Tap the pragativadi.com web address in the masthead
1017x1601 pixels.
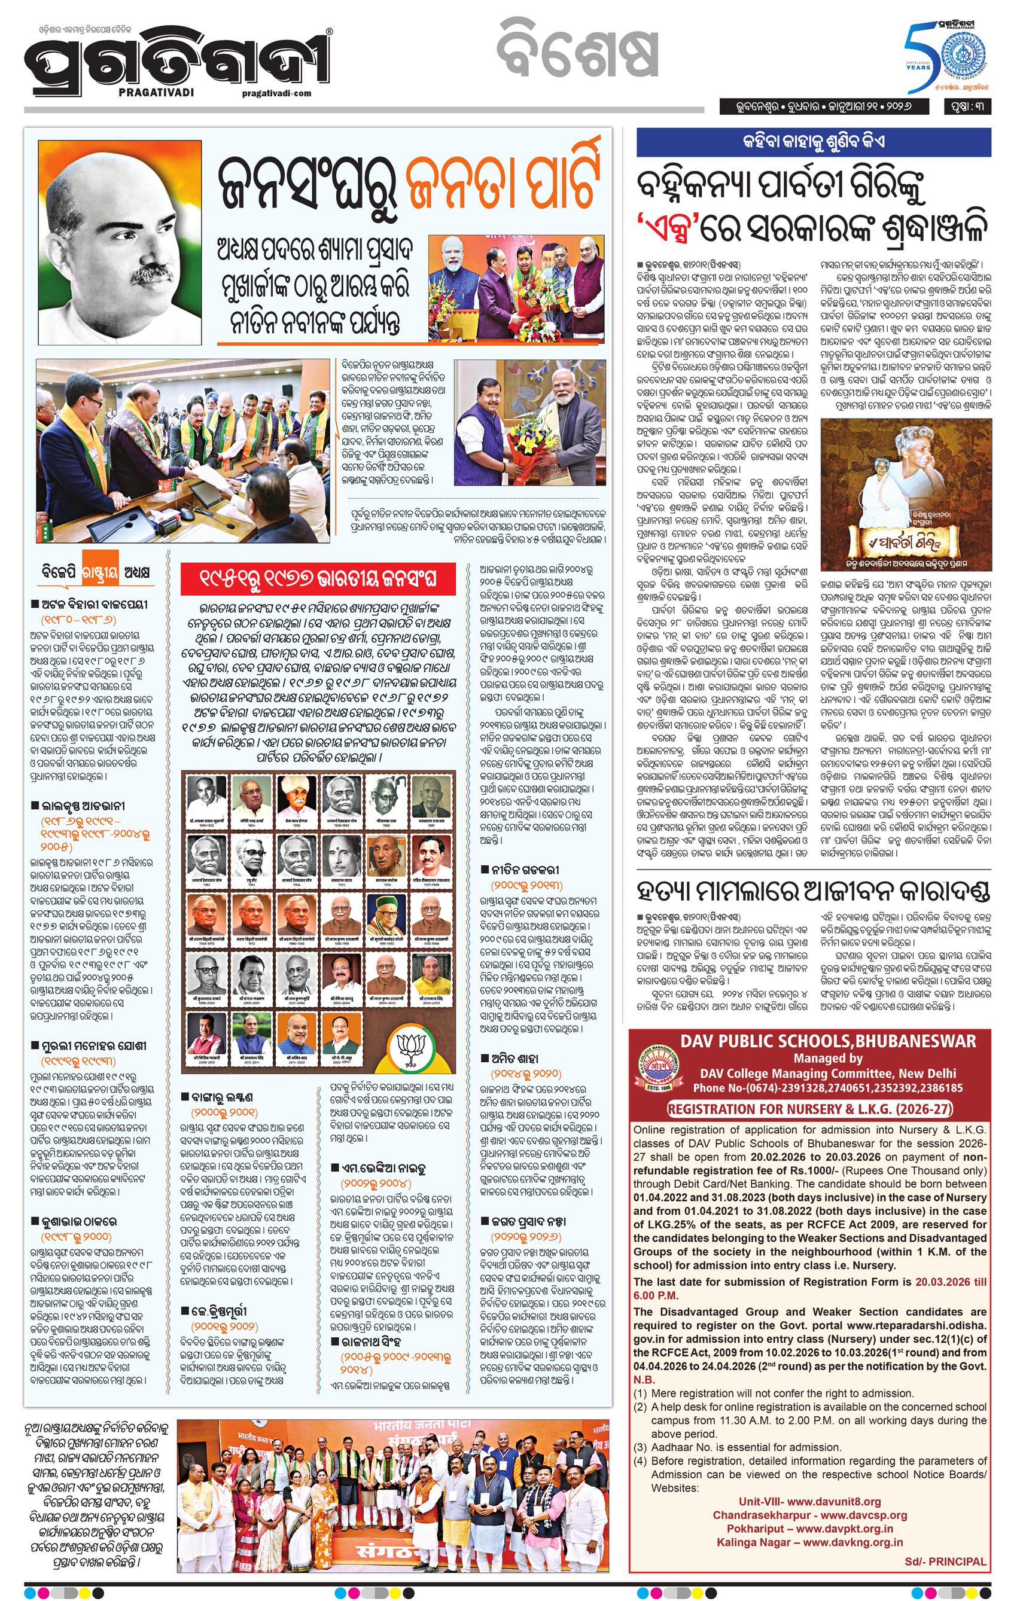(278, 93)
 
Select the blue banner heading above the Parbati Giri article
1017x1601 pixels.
(813, 142)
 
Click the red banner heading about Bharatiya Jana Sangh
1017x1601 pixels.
(319, 578)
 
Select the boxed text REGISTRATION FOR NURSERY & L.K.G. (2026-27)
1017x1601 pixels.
(809, 1109)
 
